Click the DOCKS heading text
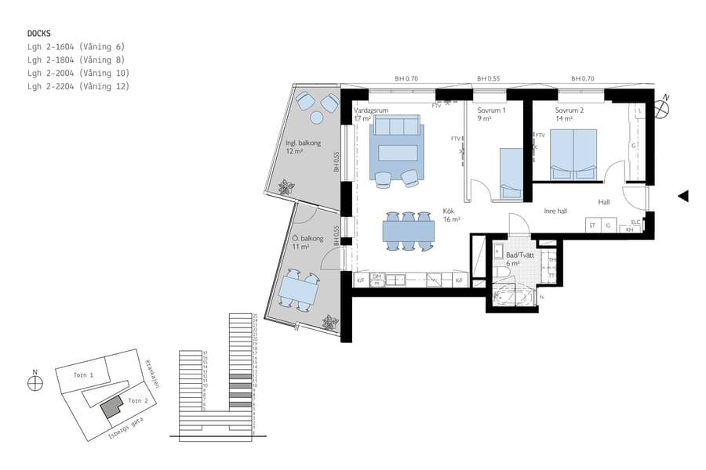click(x=39, y=34)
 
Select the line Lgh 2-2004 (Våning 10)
click(x=78, y=73)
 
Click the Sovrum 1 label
click(x=492, y=110)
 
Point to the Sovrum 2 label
click(x=570, y=110)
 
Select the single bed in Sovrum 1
click(x=510, y=172)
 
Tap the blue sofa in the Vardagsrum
click(x=396, y=127)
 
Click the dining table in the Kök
click(x=408, y=231)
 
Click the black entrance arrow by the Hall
click(x=683, y=196)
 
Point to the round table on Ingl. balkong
click(x=317, y=117)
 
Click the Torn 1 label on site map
click(x=84, y=375)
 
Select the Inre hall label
click(x=555, y=211)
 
